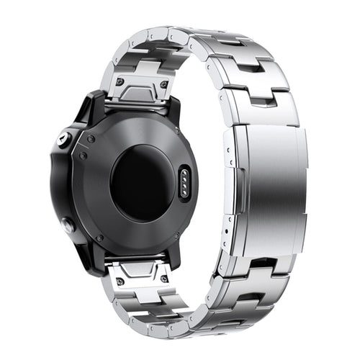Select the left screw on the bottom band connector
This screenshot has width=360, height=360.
click(x=118, y=274)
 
